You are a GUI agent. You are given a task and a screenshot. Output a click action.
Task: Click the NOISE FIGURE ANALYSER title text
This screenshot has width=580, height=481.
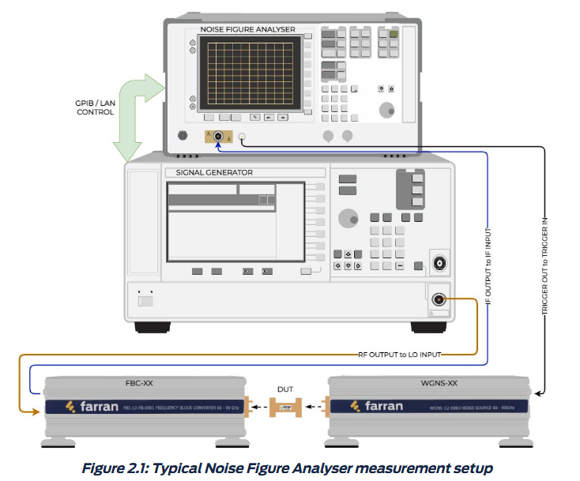pyautogui.click(x=247, y=29)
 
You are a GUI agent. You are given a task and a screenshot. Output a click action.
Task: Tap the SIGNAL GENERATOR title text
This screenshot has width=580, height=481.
pyautogui.click(x=209, y=173)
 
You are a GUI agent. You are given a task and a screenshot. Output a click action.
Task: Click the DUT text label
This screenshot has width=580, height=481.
pyautogui.click(x=285, y=389)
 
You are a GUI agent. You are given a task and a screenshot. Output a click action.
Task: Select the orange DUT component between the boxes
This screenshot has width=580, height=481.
pyautogui.click(x=284, y=408)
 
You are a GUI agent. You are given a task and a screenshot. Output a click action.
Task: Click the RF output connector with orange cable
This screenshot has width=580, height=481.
pyautogui.click(x=438, y=299)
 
